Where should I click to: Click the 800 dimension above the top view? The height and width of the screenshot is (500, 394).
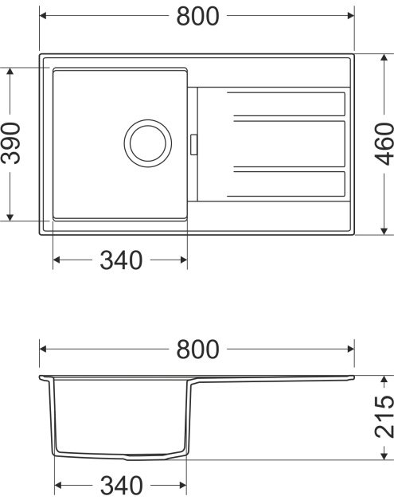pos(197,16)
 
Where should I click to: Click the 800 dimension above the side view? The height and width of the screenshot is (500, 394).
pos(197,349)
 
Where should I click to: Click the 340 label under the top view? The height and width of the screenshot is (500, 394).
pos(121,260)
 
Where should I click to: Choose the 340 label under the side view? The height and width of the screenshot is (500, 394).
pos(121,484)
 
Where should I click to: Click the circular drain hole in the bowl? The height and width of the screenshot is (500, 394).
pos(147,143)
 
